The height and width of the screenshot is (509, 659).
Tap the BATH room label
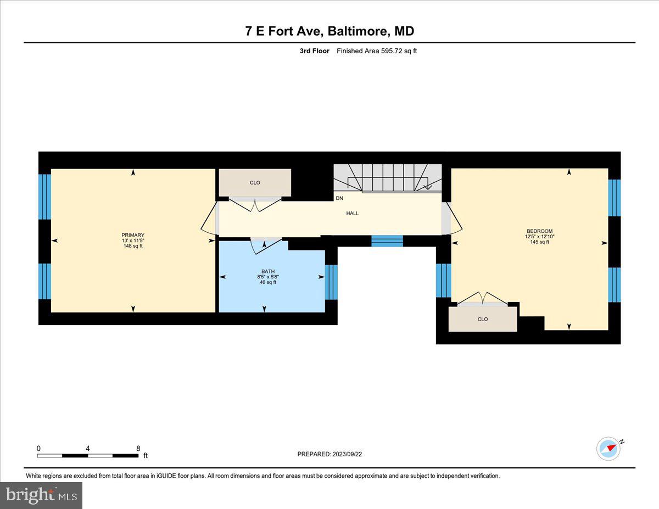267,271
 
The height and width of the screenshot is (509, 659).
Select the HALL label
352,213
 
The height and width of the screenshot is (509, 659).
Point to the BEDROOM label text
539,231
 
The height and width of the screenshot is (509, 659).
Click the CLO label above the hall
255,182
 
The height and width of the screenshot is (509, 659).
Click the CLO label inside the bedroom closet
482,319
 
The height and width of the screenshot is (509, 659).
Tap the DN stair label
339,198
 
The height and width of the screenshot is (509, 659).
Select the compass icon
608,449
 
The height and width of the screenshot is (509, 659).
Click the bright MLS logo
41,495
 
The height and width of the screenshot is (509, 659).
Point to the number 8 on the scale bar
138,448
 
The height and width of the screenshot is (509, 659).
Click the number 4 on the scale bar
88,448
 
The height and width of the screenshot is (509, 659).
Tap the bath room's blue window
331,282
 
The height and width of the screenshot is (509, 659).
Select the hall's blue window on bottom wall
387,241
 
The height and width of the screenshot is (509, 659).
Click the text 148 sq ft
133,246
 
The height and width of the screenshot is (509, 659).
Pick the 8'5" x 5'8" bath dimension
267,277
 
